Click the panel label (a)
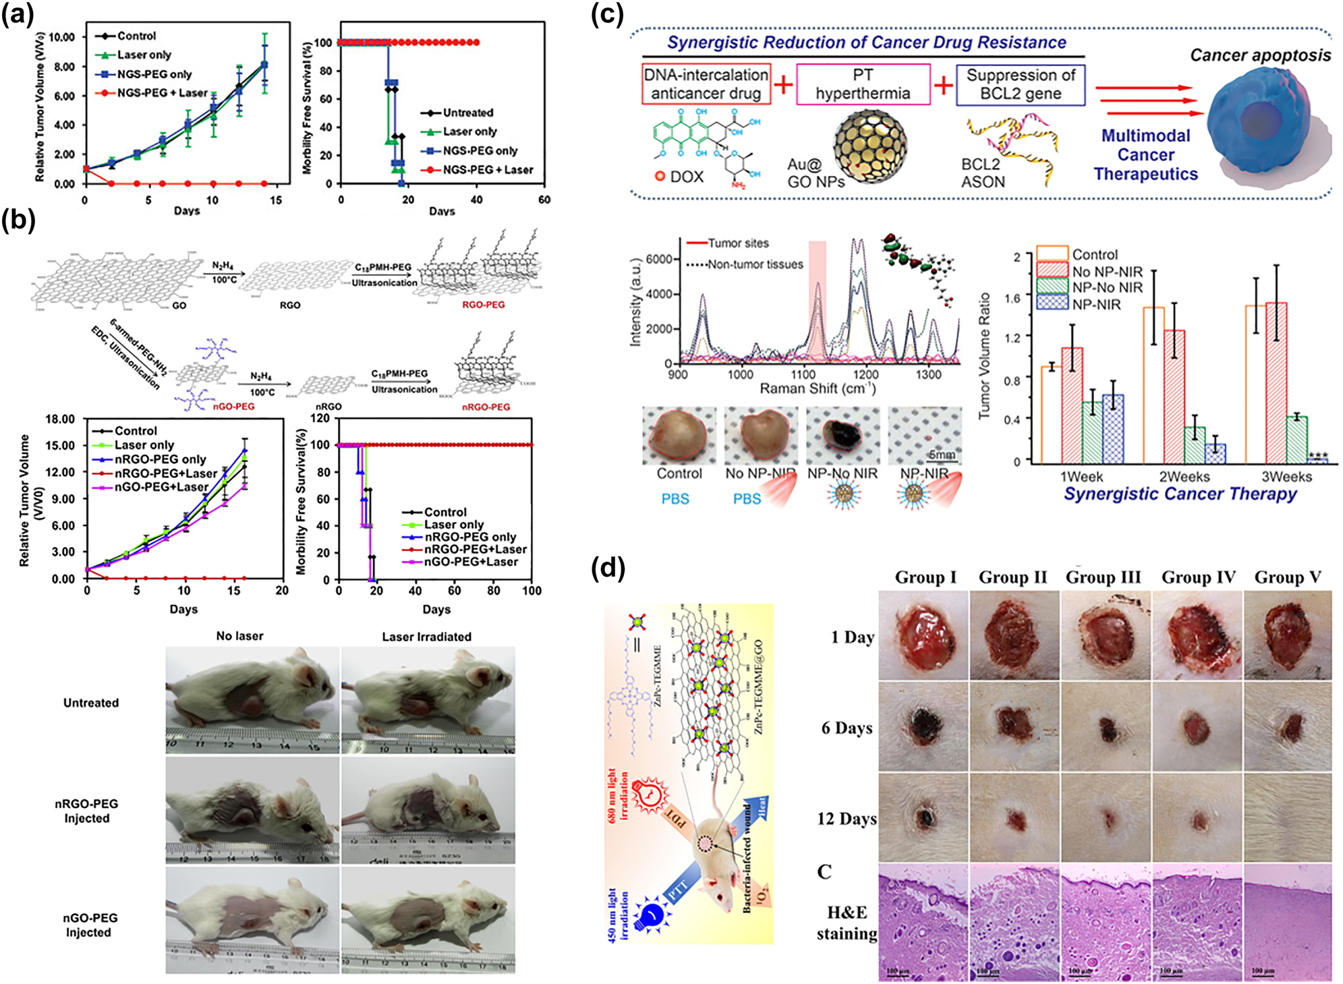point(18,15)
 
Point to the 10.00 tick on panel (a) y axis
point(62,37)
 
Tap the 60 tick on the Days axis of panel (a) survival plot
point(544,200)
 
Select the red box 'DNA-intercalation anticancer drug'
point(706,84)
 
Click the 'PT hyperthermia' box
point(863,84)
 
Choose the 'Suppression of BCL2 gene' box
point(1020,84)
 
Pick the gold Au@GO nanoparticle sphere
point(869,144)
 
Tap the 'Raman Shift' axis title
point(818,389)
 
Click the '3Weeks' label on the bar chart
point(1286,477)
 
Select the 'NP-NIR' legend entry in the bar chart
point(1096,304)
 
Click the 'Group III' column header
point(1103,577)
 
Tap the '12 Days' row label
point(847,819)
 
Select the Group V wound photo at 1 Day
point(1288,635)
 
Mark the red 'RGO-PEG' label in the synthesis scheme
point(483,305)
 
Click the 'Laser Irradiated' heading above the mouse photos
point(426,637)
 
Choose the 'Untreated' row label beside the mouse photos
point(91,703)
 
